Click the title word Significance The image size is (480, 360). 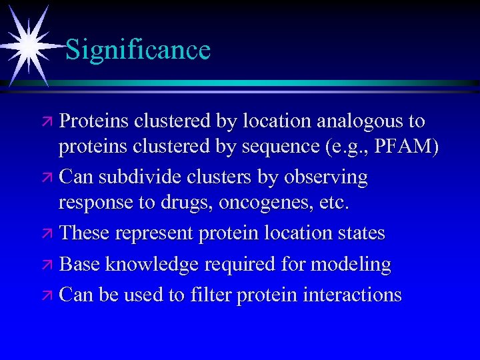tap(138, 50)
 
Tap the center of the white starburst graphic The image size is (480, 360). tap(30, 45)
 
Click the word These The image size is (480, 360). tap(85, 233)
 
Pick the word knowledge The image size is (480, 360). tap(151, 264)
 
